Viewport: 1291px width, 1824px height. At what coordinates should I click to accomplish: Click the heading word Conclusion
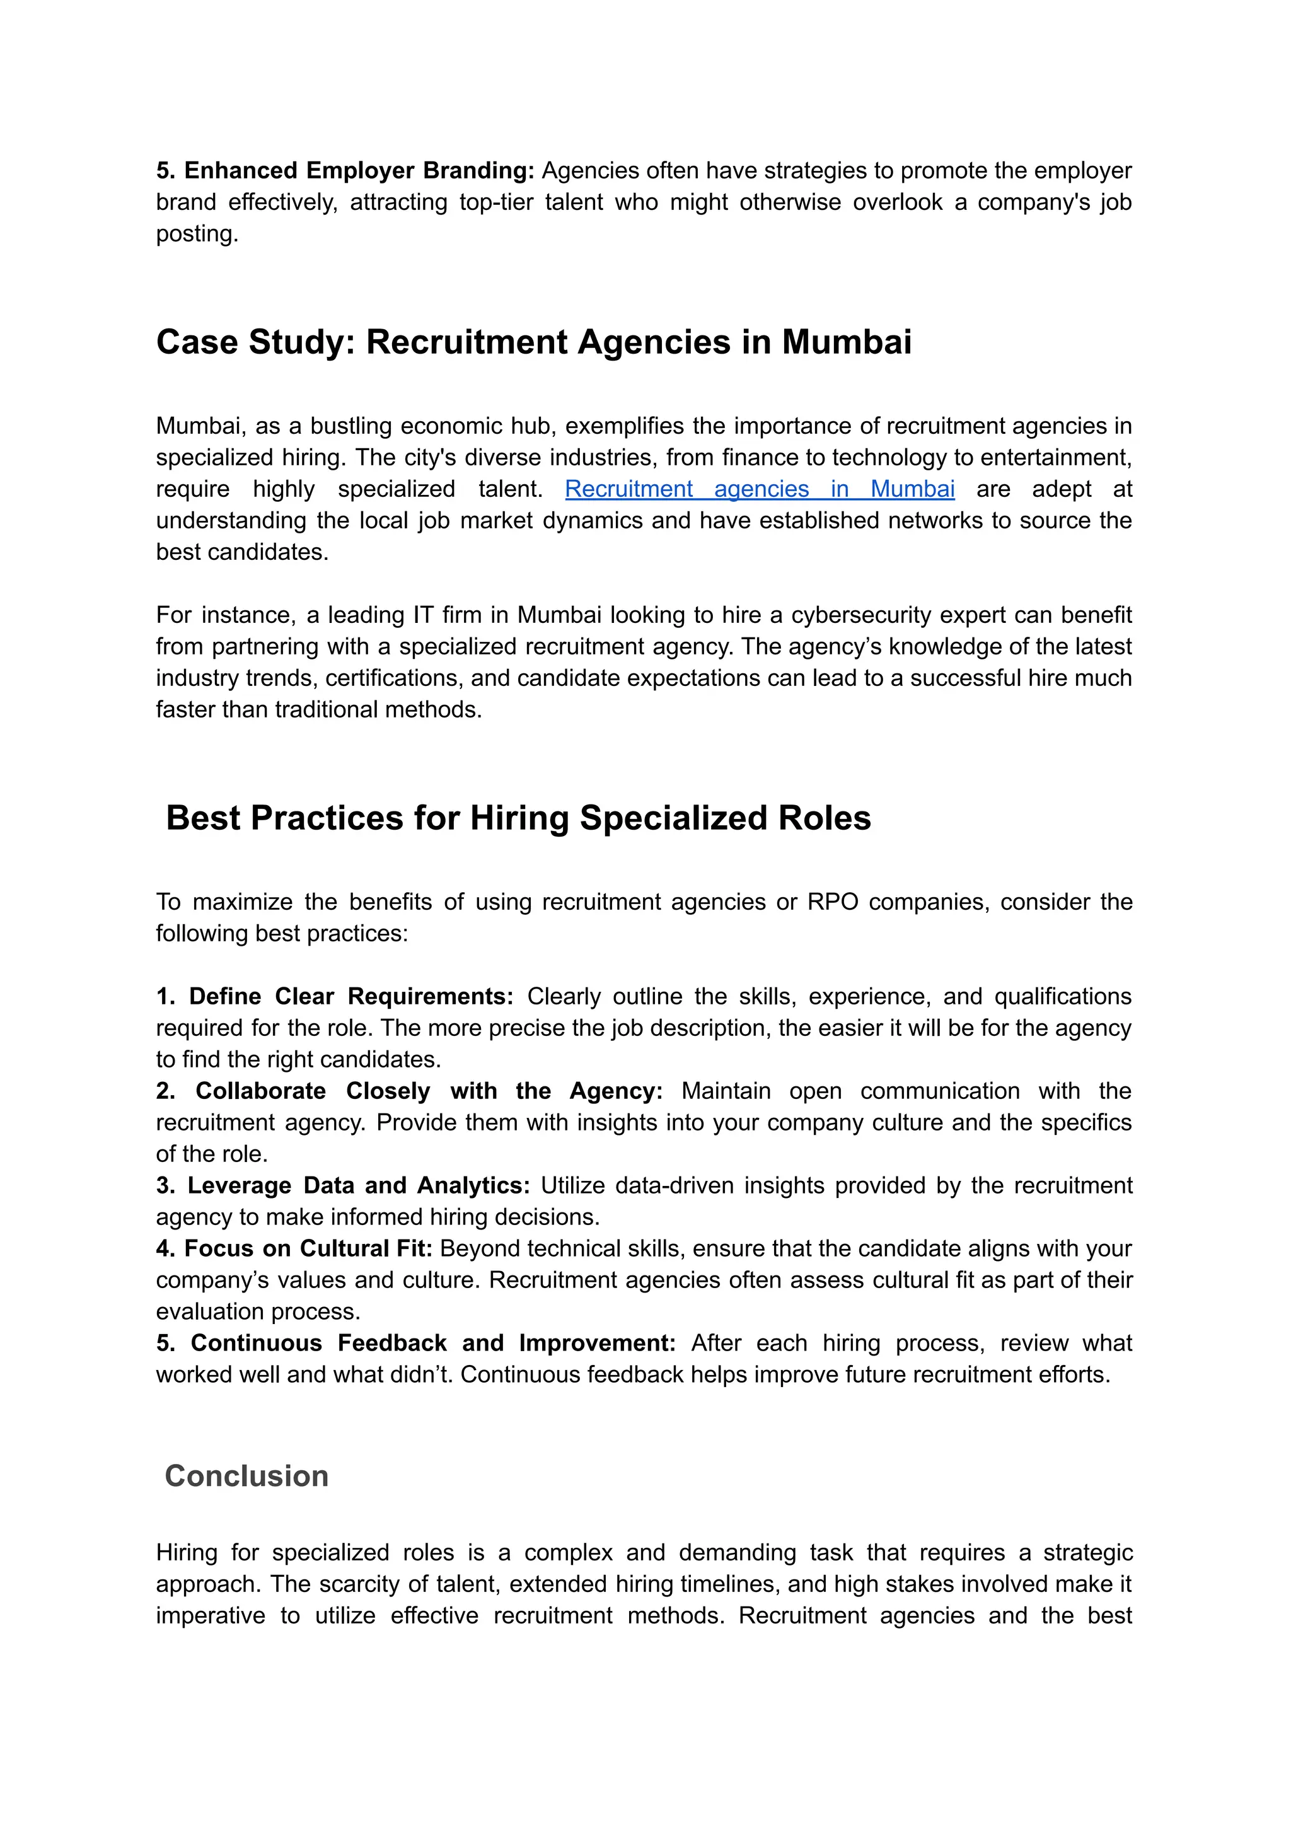(x=246, y=1476)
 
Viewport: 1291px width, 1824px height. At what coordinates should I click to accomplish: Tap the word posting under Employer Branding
(x=195, y=234)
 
